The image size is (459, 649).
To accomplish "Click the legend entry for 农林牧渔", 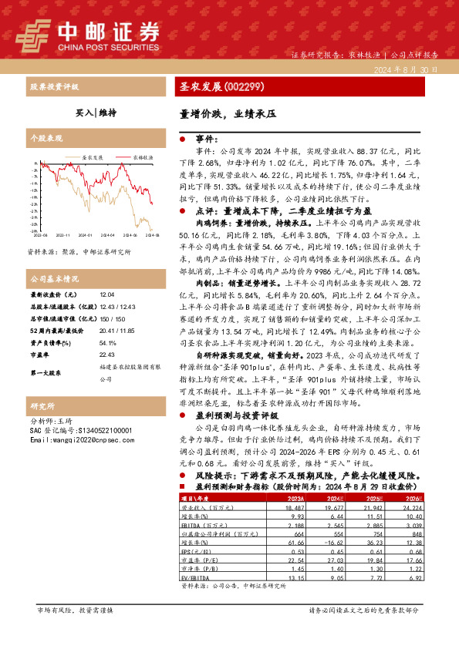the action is point(142,156).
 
